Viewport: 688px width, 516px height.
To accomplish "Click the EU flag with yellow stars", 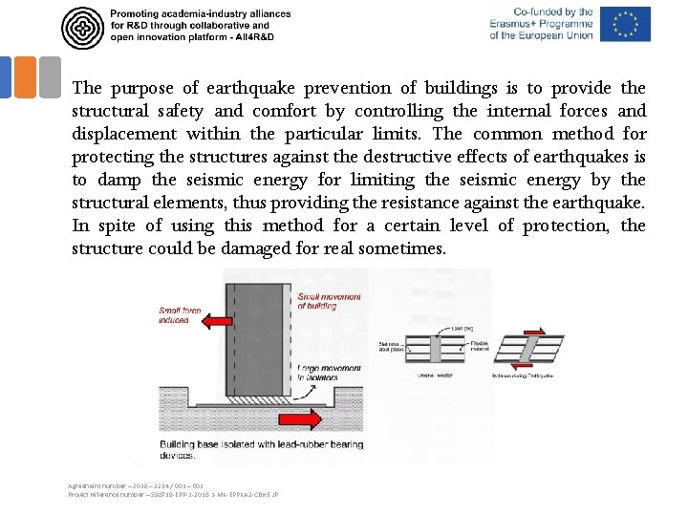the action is click(626, 24).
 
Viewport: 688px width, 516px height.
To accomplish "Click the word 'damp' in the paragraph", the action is click(163, 181).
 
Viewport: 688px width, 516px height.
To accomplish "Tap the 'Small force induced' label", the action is click(182, 314).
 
